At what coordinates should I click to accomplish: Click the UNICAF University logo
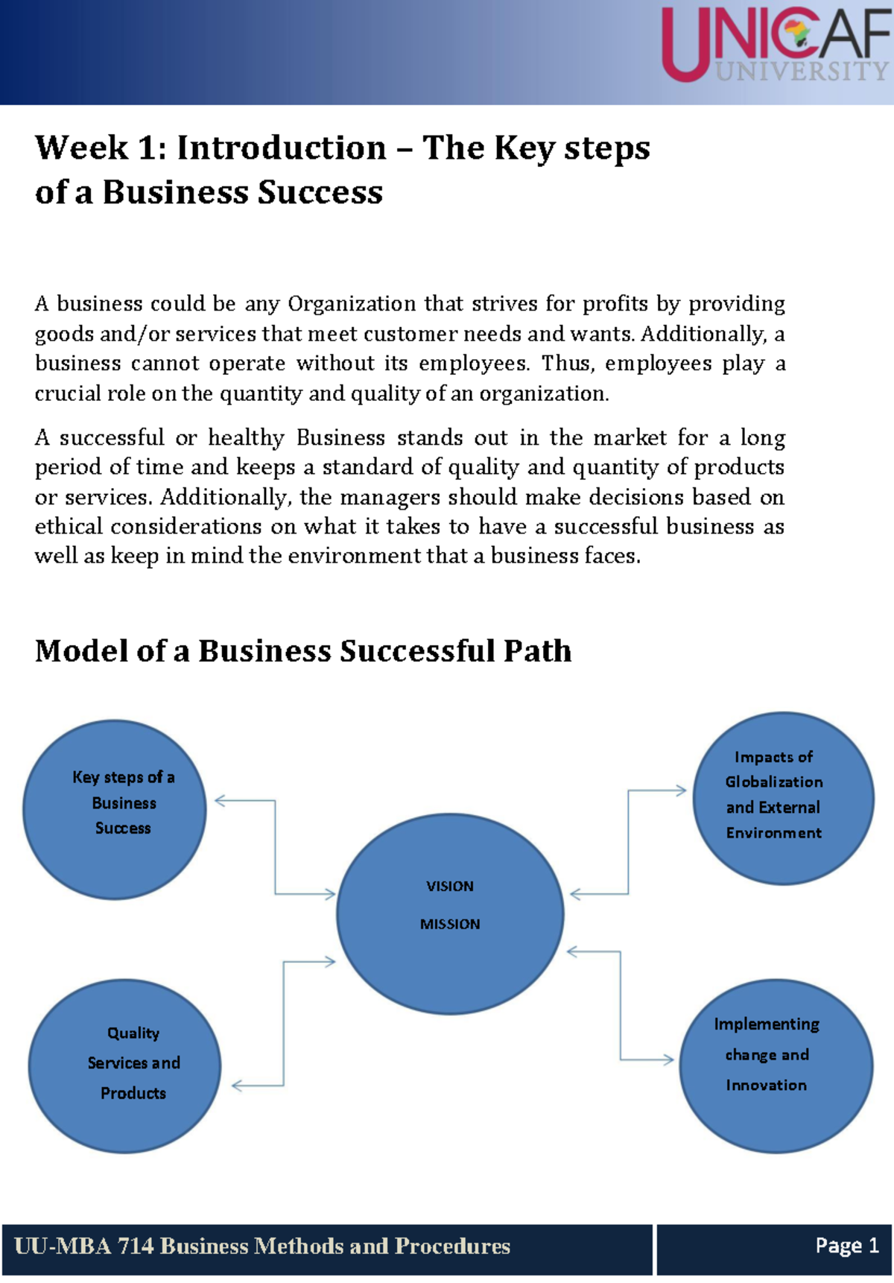(x=775, y=45)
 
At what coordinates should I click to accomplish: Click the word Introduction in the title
(x=282, y=148)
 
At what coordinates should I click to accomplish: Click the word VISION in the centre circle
(x=450, y=886)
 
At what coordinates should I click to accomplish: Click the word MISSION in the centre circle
(x=450, y=924)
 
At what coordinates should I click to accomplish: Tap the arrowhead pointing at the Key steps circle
(x=220, y=801)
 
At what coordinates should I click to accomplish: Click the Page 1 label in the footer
(x=847, y=1245)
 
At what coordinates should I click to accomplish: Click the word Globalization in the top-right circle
(x=774, y=782)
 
